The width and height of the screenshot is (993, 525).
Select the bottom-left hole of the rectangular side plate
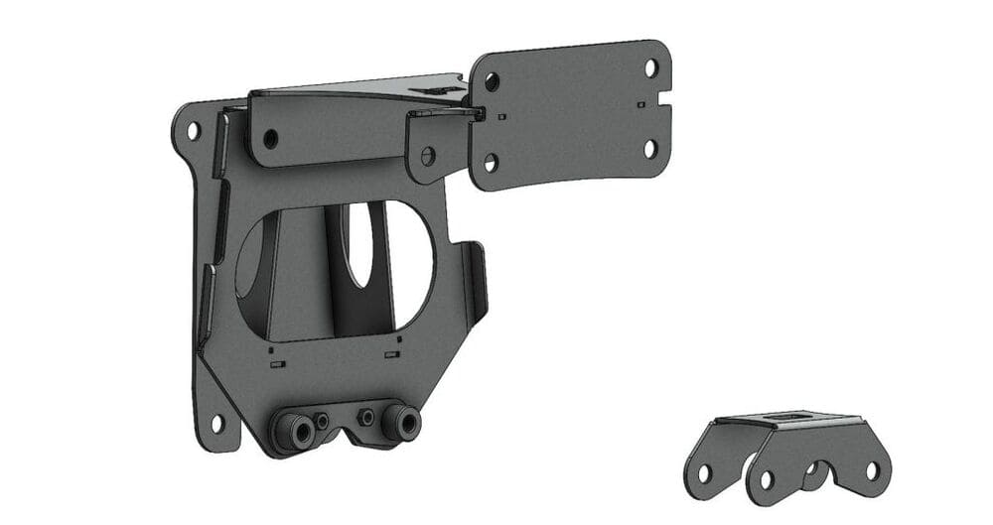491,162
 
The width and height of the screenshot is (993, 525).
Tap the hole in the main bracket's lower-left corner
215,424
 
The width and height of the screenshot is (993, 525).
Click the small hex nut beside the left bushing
322,422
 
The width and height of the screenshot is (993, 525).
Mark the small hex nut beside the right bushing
367,417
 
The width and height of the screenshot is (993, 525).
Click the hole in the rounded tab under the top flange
428,155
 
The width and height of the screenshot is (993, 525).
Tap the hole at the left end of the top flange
270,139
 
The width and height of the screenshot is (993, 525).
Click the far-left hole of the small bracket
703,473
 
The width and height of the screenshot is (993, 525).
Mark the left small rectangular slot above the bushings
277,363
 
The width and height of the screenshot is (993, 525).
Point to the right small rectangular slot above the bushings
391,354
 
